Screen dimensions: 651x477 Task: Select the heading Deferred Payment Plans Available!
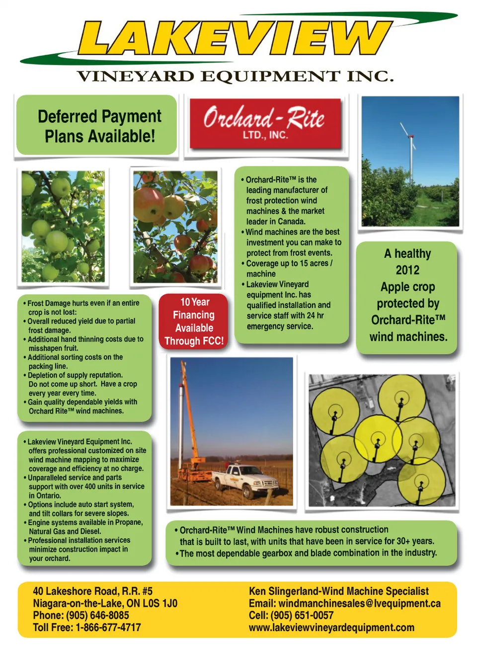(x=99, y=126)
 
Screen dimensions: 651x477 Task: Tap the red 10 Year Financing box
(x=194, y=322)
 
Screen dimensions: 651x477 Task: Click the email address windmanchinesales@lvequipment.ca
(x=359, y=603)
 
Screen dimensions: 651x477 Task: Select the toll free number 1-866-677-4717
(x=108, y=627)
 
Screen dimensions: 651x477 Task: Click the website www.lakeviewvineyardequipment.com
(x=331, y=627)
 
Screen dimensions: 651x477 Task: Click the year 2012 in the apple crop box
(x=407, y=270)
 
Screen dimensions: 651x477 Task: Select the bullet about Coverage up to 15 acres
(x=289, y=268)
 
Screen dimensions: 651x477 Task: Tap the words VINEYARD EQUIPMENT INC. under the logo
(x=235, y=76)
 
